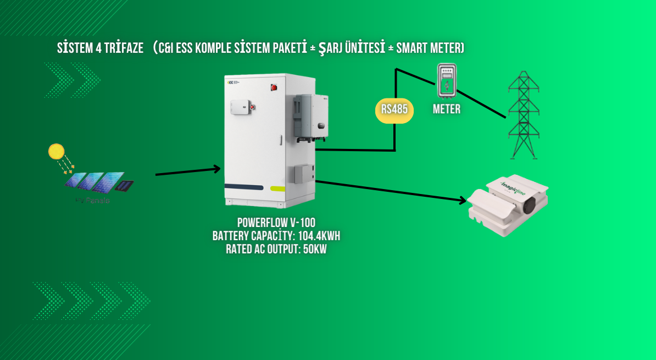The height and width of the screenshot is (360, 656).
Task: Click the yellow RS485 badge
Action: [394, 109]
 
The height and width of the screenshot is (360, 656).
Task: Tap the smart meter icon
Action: [447, 81]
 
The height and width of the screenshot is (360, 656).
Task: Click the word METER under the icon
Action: [447, 109]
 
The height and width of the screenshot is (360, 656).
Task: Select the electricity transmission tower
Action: [523, 115]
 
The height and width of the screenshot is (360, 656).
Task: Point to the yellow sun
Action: [56, 151]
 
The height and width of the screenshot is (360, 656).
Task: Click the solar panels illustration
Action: [99, 182]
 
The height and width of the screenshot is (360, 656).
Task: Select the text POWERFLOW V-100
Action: [276, 223]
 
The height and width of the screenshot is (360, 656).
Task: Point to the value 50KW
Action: [319, 248]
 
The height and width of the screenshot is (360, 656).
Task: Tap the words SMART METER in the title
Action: [429, 49]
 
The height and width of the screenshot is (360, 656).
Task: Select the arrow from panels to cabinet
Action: [187, 171]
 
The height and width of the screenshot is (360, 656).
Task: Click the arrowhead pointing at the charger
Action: [462, 201]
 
